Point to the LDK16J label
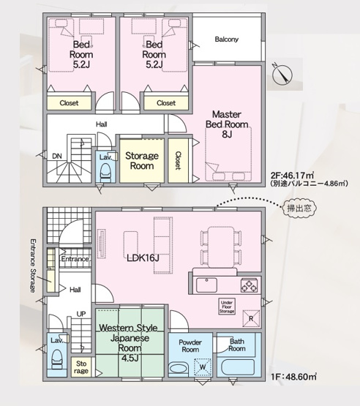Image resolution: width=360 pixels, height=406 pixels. tap(144, 258)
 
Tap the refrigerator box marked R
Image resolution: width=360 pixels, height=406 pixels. tap(251, 318)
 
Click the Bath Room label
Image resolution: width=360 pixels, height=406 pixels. tap(236, 345)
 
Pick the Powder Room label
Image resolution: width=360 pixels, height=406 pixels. tap(190, 345)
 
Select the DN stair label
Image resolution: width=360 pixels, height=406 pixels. tap(56, 156)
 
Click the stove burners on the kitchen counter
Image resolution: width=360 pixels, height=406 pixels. tap(249, 285)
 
